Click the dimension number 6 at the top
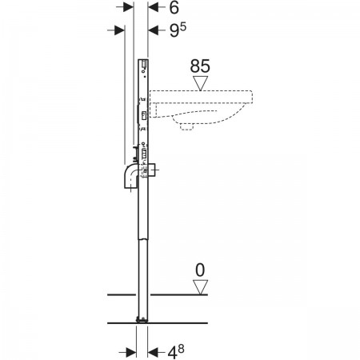click(x=174, y=8)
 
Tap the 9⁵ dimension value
click(x=178, y=30)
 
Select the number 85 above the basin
click(x=200, y=66)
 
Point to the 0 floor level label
click(x=200, y=270)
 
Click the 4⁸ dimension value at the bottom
click(x=176, y=352)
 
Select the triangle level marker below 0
click(x=200, y=287)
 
